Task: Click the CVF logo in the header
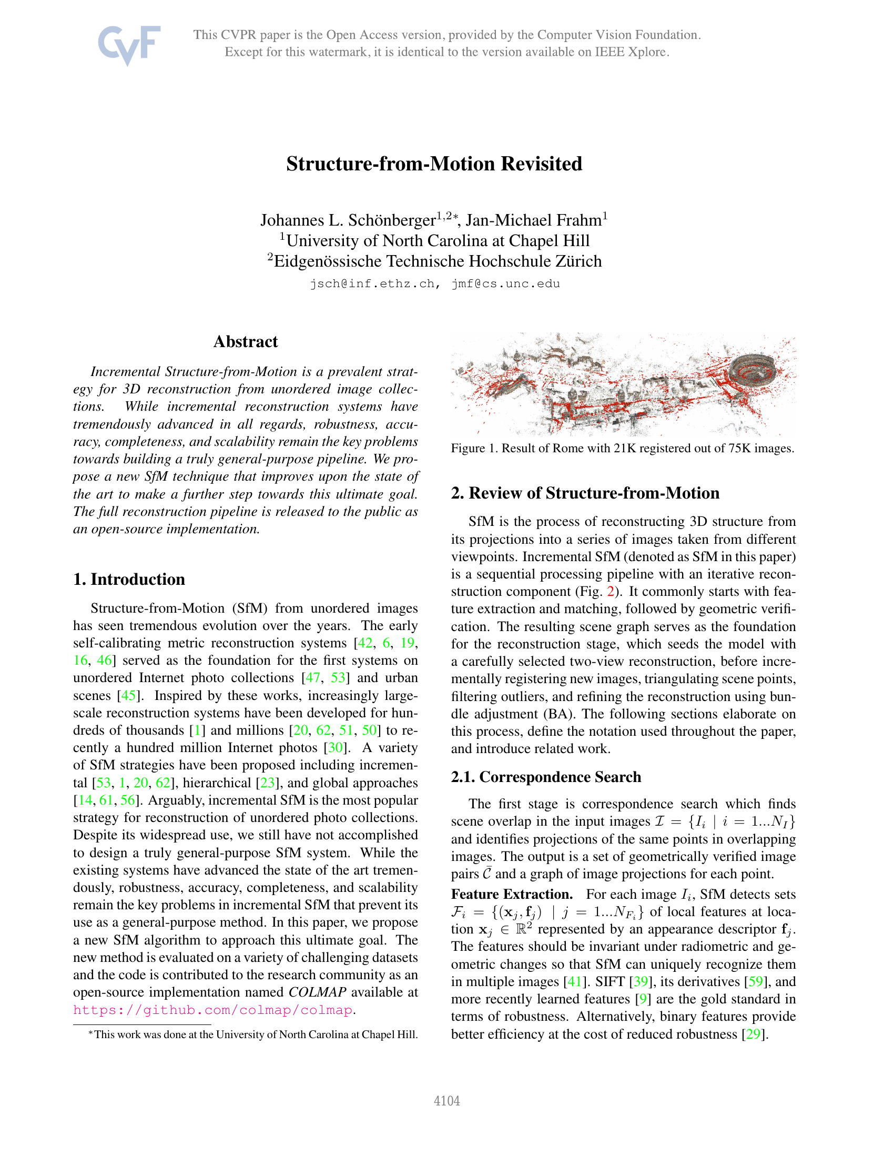click(x=129, y=45)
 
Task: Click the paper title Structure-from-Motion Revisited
click(x=434, y=164)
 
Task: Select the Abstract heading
click(x=245, y=342)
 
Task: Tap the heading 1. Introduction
click(x=129, y=579)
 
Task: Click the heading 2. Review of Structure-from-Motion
click(x=585, y=493)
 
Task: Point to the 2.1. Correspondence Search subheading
click(x=545, y=777)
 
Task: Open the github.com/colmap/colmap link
click(x=212, y=1010)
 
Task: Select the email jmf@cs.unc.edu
click(x=506, y=284)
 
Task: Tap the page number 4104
click(x=446, y=1101)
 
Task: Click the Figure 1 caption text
click(x=622, y=448)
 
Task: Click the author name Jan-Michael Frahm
click(x=533, y=220)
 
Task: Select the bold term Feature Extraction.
click(x=512, y=894)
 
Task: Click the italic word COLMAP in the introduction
click(x=317, y=992)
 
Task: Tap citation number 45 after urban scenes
click(x=128, y=695)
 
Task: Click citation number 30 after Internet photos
click(x=336, y=747)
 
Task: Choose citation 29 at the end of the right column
click(x=753, y=1034)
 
